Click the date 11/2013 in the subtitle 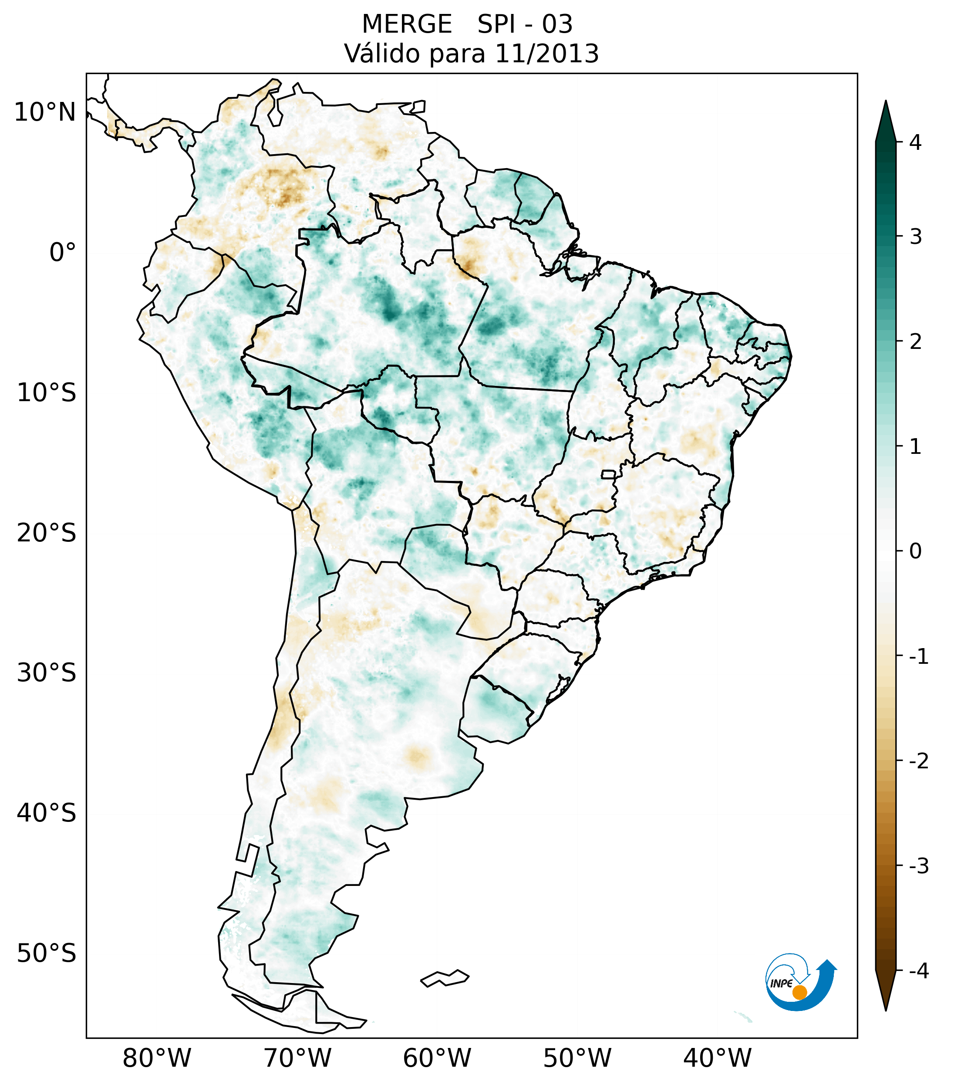pos(546,54)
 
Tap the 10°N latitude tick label pos(45,112)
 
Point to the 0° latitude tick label pos(63,253)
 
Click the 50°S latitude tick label pos(47,953)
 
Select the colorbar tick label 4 pos(915,142)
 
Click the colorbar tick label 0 pos(915,551)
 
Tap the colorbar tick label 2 pos(915,342)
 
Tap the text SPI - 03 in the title pos(525,24)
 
